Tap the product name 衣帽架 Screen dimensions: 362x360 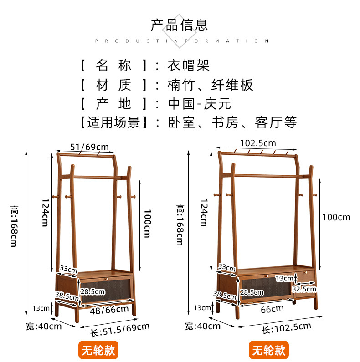pyautogui.click(x=189, y=65)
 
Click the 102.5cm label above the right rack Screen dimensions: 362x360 pyautogui.click(x=258, y=143)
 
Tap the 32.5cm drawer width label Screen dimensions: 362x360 pyautogui.click(x=304, y=289)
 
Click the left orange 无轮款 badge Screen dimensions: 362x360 pyautogui.click(x=98, y=350)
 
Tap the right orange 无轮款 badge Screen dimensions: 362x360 pyautogui.click(x=269, y=350)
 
